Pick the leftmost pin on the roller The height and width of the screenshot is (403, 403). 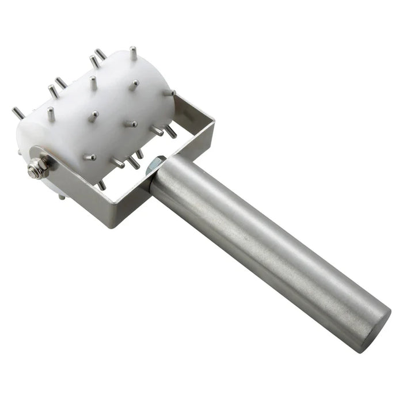coord(18,113)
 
